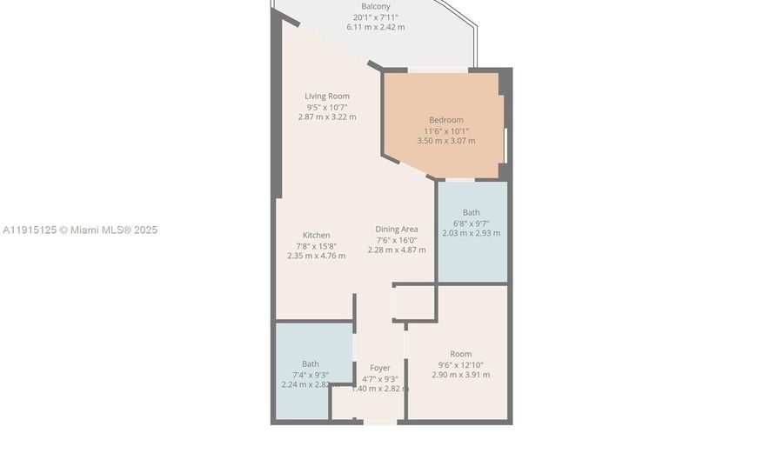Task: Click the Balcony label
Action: [x=376, y=7]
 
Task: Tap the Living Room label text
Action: [x=327, y=96]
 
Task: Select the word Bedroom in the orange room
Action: [x=446, y=120]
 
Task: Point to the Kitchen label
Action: [x=317, y=235]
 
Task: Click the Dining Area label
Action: [x=397, y=229]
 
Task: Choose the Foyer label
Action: [x=380, y=368]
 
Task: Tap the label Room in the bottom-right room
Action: [x=461, y=354]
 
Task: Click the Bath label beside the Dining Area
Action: [x=471, y=212]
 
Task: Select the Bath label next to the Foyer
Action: [x=311, y=363]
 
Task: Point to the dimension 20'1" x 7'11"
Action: [x=376, y=17]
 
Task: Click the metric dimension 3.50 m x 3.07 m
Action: [x=446, y=141]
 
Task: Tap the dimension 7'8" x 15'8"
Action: [x=316, y=246]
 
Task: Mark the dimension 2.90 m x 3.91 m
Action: [x=461, y=375]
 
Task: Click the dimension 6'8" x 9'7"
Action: [x=471, y=223]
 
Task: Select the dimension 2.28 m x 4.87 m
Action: [x=397, y=250]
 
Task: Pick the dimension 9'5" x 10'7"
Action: [x=327, y=106]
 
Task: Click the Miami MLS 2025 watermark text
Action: [x=80, y=230]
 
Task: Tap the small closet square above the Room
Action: [x=414, y=303]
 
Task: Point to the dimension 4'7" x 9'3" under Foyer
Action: [x=380, y=378]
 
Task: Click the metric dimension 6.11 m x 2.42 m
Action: [x=376, y=27]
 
